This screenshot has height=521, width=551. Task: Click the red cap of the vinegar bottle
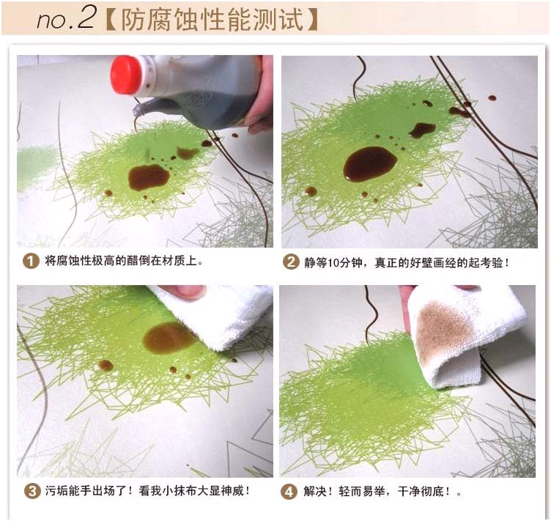tap(127, 75)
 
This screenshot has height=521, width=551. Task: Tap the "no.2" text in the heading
tap(66, 18)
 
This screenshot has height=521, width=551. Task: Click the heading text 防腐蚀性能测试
tap(212, 20)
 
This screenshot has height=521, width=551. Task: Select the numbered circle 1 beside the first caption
tap(31, 261)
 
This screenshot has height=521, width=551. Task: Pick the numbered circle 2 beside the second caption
tap(291, 262)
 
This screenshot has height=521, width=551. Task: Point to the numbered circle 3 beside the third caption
tap(32, 491)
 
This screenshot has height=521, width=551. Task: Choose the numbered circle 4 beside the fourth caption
tap(289, 492)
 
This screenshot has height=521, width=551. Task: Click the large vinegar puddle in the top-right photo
tap(370, 163)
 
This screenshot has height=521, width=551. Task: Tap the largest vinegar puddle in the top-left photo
tap(148, 177)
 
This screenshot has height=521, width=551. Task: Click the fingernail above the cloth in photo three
tap(190, 292)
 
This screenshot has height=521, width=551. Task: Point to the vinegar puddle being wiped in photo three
tap(168, 338)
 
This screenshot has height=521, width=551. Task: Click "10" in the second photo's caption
tap(333, 263)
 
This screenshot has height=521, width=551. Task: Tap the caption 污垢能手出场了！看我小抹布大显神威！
tap(147, 491)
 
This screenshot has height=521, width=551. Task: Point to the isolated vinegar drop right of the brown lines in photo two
tap(492, 98)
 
